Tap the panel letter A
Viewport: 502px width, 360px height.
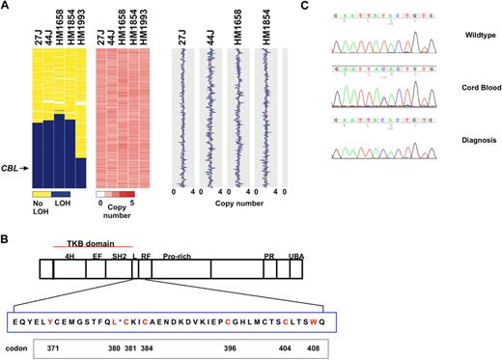[x=6, y=6]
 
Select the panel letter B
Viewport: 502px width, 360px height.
[x=6, y=236]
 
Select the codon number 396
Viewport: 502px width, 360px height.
[x=230, y=345]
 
